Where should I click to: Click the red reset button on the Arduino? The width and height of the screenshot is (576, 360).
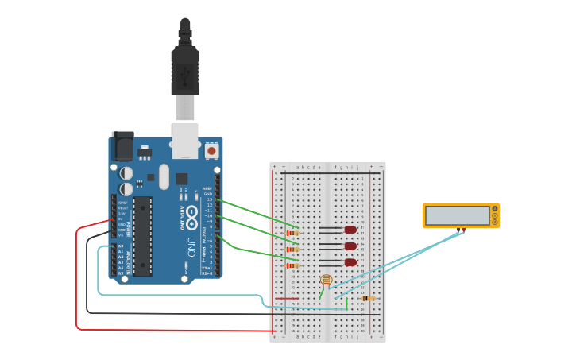point(211,150)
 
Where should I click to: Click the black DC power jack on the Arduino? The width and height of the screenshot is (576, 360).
point(123,145)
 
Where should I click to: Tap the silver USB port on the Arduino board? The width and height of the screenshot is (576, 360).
point(185,139)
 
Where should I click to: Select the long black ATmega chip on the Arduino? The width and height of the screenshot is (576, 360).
point(142,236)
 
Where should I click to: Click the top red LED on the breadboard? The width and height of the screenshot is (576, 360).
point(350,230)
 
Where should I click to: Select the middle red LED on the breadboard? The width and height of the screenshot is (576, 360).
point(350,246)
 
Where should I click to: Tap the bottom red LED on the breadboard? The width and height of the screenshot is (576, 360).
point(350,262)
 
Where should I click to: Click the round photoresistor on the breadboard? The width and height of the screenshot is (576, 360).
point(326,280)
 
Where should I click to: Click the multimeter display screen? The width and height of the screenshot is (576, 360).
point(457,215)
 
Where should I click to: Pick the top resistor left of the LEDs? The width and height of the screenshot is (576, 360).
point(292,233)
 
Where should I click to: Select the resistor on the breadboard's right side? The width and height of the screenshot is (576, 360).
point(368,298)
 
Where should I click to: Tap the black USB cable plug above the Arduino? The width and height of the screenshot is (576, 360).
point(184,72)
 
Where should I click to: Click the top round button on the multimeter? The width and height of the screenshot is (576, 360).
point(494,209)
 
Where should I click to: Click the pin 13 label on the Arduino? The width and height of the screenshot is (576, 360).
point(210,199)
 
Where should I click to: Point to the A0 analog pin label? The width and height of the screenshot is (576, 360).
point(121,246)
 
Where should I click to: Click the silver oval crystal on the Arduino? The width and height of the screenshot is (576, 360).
point(164,176)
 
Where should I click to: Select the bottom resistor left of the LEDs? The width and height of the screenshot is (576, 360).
point(292,265)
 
